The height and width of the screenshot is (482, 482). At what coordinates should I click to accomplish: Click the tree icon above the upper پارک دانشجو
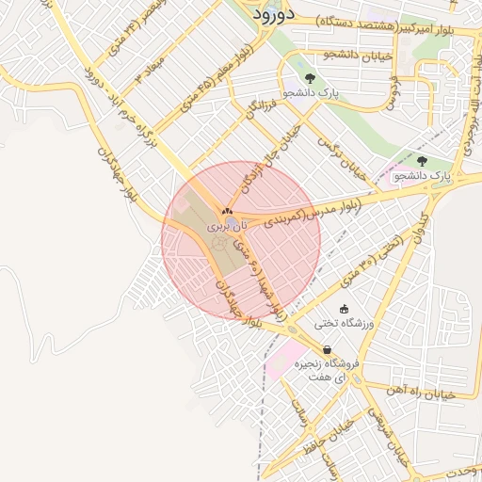pos(311,77)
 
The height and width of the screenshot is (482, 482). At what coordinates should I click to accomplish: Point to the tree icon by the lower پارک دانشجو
pos(421,161)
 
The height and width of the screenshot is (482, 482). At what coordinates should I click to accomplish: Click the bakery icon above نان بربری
pos(226,211)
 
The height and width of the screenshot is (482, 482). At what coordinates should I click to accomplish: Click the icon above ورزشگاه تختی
pos(344,308)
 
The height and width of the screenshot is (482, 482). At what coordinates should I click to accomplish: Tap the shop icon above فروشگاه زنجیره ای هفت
pos(326,349)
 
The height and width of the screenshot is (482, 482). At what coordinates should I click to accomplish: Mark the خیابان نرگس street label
pos(341,157)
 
